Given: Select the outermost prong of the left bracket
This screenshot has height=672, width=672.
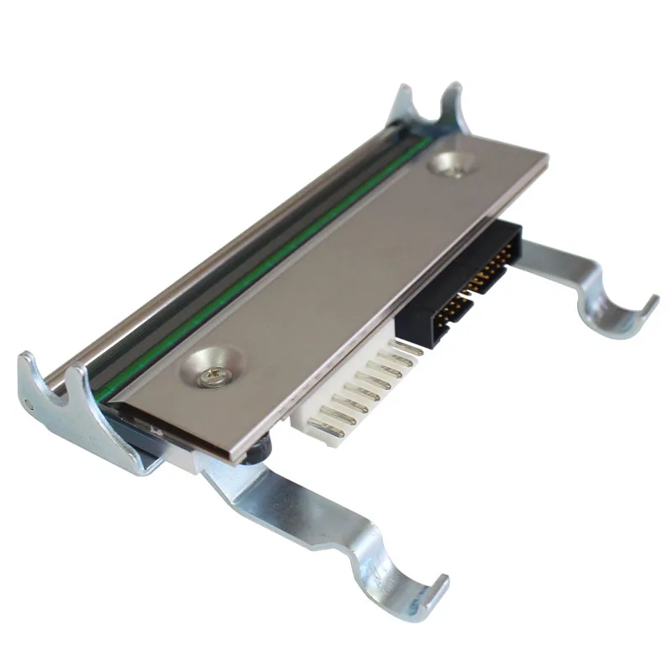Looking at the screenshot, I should tap(29, 370).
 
